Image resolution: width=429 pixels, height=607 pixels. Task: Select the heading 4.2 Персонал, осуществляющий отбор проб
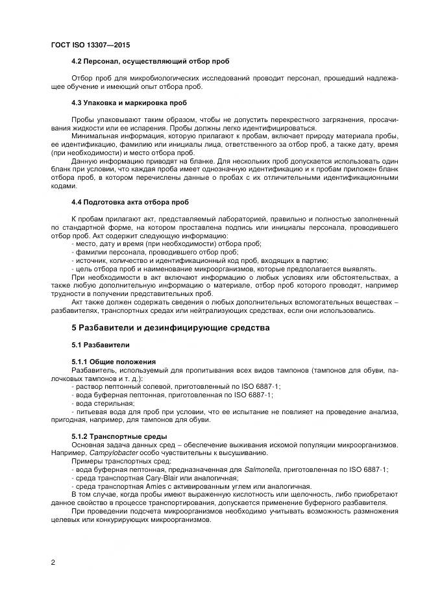click(151, 61)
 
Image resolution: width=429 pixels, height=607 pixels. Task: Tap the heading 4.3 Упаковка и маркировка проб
click(129, 103)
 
